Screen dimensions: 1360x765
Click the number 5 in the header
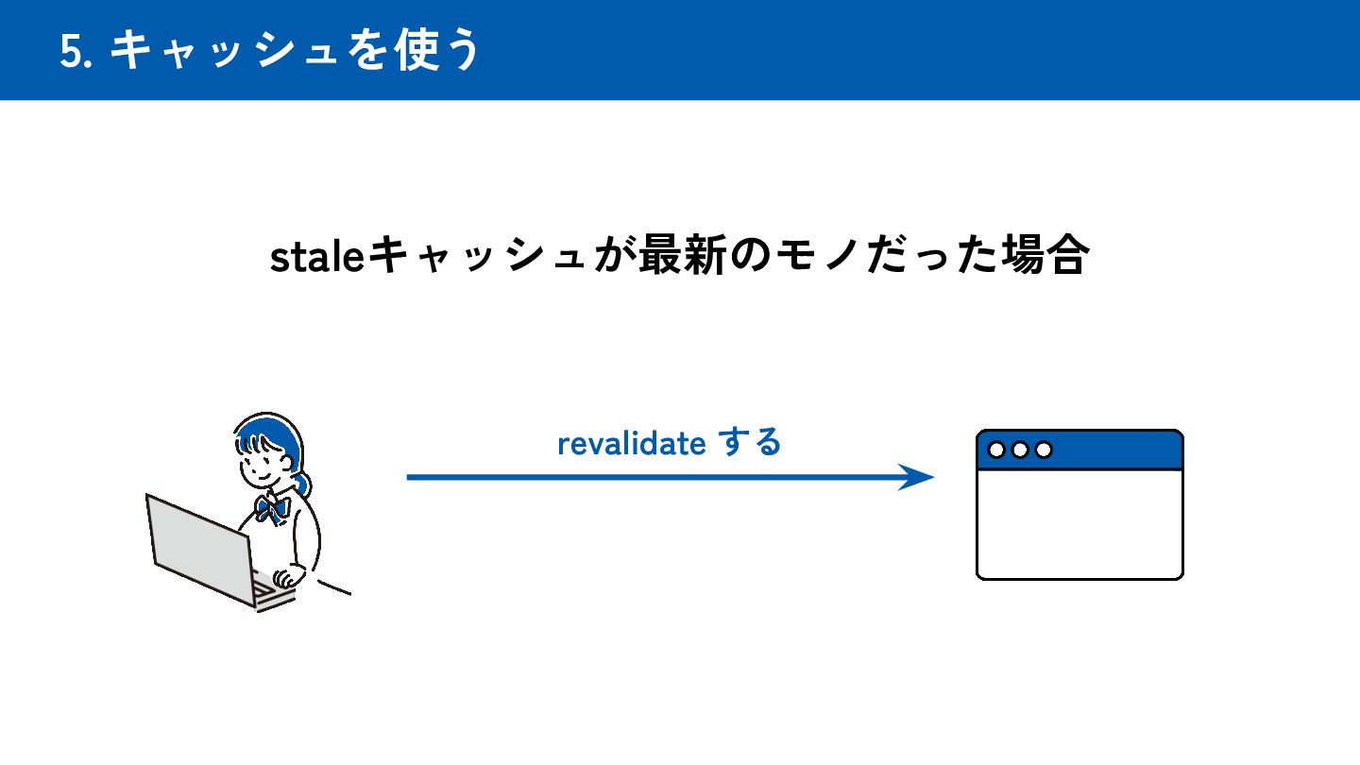pyautogui.click(x=69, y=51)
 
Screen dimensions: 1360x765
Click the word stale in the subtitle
pyautogui.click(x=317, y=257)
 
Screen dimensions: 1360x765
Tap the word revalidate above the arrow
pyautogui.click(x=631, y=443)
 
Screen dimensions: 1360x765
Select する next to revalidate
pyautogui.click(x=751, y=442)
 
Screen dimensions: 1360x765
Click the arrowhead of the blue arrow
pyautogui.click(x=918, y=477)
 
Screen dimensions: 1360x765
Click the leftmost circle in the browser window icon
pyautogui.click(x=996, y=450)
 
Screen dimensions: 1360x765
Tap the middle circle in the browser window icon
pyautogui.click(x=1020, y=450)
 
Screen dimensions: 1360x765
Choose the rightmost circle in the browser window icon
pyautogui.click(x=1044, y=450)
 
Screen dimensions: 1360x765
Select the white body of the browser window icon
pyautogui.click(x=1079, y=524)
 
